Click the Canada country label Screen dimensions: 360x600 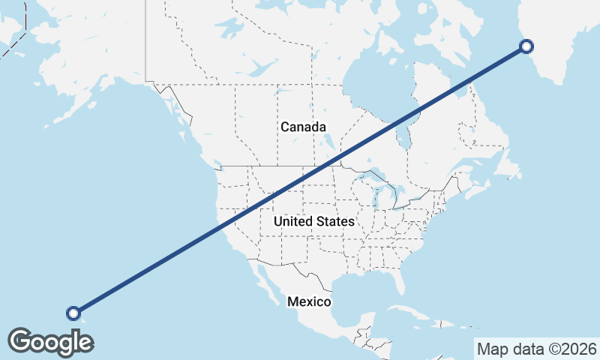(x=303, y=127)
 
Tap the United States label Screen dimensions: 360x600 (x=313, y=222)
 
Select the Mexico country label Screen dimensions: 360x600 (x=309, y=301)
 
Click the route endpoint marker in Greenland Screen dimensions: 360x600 (x=526, y=46)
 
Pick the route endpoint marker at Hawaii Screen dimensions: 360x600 (x=73, y=313)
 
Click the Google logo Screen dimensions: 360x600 (x=50, y=341)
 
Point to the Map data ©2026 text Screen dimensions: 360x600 (x=536, y=349)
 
